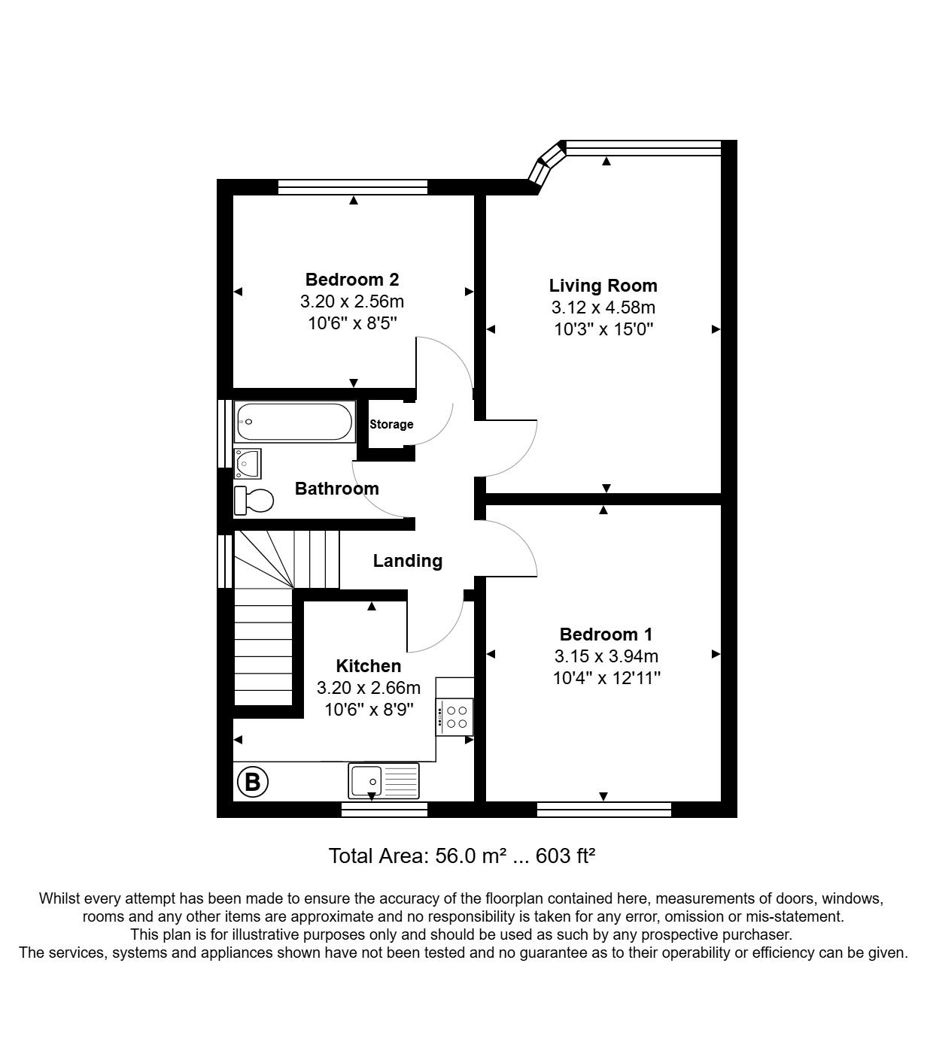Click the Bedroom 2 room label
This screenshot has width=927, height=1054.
coord(352,280)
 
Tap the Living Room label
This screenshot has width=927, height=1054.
coord(603,286)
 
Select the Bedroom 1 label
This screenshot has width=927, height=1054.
coord(606,634)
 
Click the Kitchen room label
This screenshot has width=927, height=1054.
coord(368,666)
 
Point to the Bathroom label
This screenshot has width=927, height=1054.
coord(336,489)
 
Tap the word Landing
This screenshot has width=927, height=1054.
coord(407,561)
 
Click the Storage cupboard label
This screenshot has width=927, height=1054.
coord(391,425)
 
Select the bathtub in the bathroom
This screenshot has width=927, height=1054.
coord(294,422)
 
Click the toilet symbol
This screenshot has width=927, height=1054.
coord(254,500)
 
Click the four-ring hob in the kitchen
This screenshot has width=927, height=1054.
coord(455,716)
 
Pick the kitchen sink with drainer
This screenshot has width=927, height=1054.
coord(384,781)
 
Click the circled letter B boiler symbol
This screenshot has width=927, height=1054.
coord(253,783)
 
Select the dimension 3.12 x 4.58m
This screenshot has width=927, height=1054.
coord(603,307)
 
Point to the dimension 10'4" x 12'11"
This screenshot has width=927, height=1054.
coord(606,678)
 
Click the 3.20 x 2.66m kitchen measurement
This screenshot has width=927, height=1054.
coord(368,688)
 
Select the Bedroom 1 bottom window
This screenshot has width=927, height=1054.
coord(603,810)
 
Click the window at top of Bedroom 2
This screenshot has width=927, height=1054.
coord(352,187)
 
